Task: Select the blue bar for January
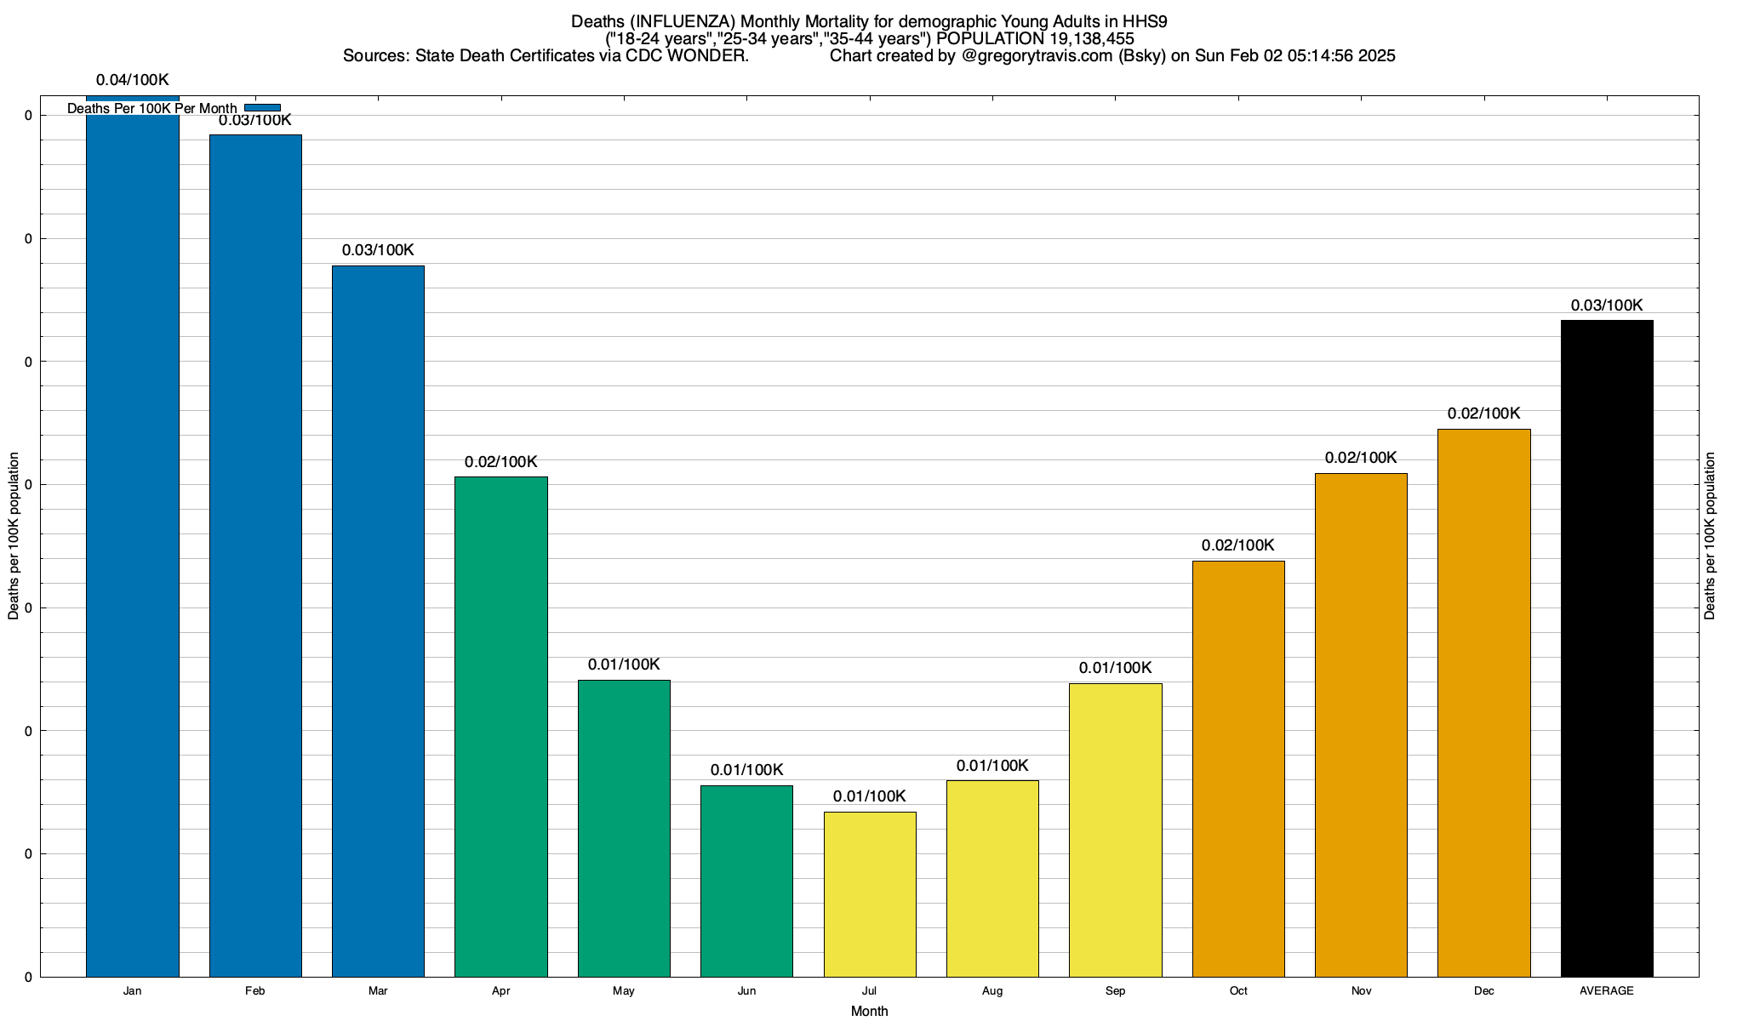pyautogui.click(x=133, y=545)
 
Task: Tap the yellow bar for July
pyautogui.click(x=870, y=894)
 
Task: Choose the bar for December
pyautogui.click(x=1483, y=703)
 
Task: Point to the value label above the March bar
pyautogui.click(x=378, y=250)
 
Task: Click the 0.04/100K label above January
pyautogui.click(x=133, y=81)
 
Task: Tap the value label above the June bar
pyautogui.click(x=746, y=770)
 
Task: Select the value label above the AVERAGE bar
pyautogui.click(x=1607, y=305)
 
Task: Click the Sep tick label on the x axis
pyautogui.click(x=1115, y=991)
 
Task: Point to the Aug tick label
pyautogui.click(x=992, y=991)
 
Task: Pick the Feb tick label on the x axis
pyautogui.click(x=254, y=991)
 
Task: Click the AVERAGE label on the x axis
pyautogui.click(x=1607, y=991)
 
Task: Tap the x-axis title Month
pyautogui.click(x=869, y=1012)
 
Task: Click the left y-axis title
pyautogui.click(x=14, y=536)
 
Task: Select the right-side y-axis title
pyautogui.click(x=1710, y=536)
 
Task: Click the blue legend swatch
pyautogui.click(x=262, y=108)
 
